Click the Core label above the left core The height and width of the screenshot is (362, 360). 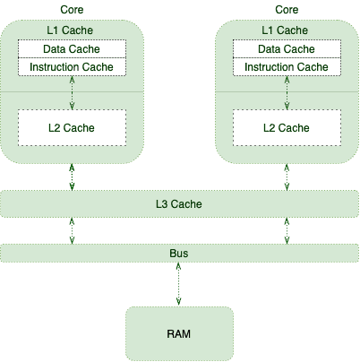click(72, 10)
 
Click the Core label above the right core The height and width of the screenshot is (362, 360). click(287, 10)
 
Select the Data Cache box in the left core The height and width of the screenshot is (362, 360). click(72, 48)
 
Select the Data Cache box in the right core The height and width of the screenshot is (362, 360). click(287, 48)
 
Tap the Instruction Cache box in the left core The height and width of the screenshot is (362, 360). click(72, 66)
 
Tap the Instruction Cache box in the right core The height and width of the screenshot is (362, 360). click(287, 66)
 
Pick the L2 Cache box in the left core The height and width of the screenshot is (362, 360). click(72, 128)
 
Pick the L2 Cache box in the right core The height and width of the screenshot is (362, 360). click(287, 128)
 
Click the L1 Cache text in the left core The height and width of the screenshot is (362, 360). click(70, 30)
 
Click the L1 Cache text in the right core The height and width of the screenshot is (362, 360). click(285, 30)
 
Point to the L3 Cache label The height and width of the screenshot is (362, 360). click(179, 204)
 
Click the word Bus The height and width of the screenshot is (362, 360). click(179, 254)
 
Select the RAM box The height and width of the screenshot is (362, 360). click(179, 333)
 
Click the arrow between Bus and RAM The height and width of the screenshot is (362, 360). click(178, 284)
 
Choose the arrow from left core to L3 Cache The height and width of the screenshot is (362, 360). click(72, 177)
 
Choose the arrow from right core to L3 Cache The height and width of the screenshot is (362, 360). click(287, 177)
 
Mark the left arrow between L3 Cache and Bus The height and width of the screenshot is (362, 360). click(72, 231)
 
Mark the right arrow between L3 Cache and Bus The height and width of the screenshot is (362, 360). click(287, 231)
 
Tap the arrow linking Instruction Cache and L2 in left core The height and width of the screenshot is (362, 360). click(72, 92)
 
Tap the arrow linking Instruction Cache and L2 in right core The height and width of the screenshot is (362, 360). click(287, 92)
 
